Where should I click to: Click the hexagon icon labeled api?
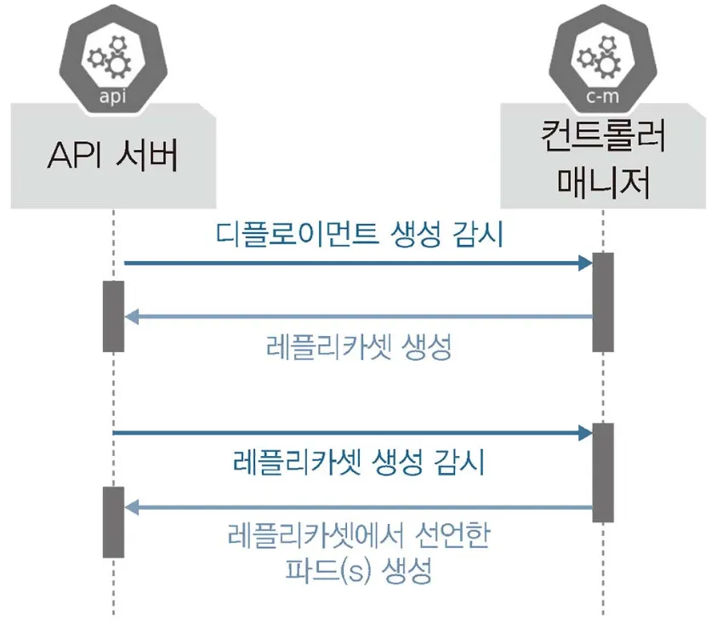click(113, 58)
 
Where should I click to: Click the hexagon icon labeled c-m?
click(602, 58)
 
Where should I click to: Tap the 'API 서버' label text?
click(113, 157)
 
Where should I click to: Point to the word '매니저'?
click(602, 181)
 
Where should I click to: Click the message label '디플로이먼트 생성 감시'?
click(359, 234)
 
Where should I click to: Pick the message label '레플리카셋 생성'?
click(358, 347)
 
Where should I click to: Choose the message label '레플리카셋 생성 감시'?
click(358, 463)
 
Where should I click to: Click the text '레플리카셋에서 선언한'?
click(358, 537)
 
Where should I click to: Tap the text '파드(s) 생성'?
click(358, 570)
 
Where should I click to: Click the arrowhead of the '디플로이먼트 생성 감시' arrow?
click(585, 264)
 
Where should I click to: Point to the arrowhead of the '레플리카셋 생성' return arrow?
click(131, 317)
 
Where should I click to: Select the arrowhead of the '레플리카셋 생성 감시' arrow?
click(585, 434)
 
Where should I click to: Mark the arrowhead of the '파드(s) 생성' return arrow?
click(131, 508)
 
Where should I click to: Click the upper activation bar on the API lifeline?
click(113, 316)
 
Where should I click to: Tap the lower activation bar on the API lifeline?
click(113, 521)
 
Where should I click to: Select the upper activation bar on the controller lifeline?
click(602, 302)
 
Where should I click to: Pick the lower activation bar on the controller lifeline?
click(602, 472)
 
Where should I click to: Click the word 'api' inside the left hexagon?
click(113, 96)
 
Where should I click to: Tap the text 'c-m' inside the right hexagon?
click(602, 96)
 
